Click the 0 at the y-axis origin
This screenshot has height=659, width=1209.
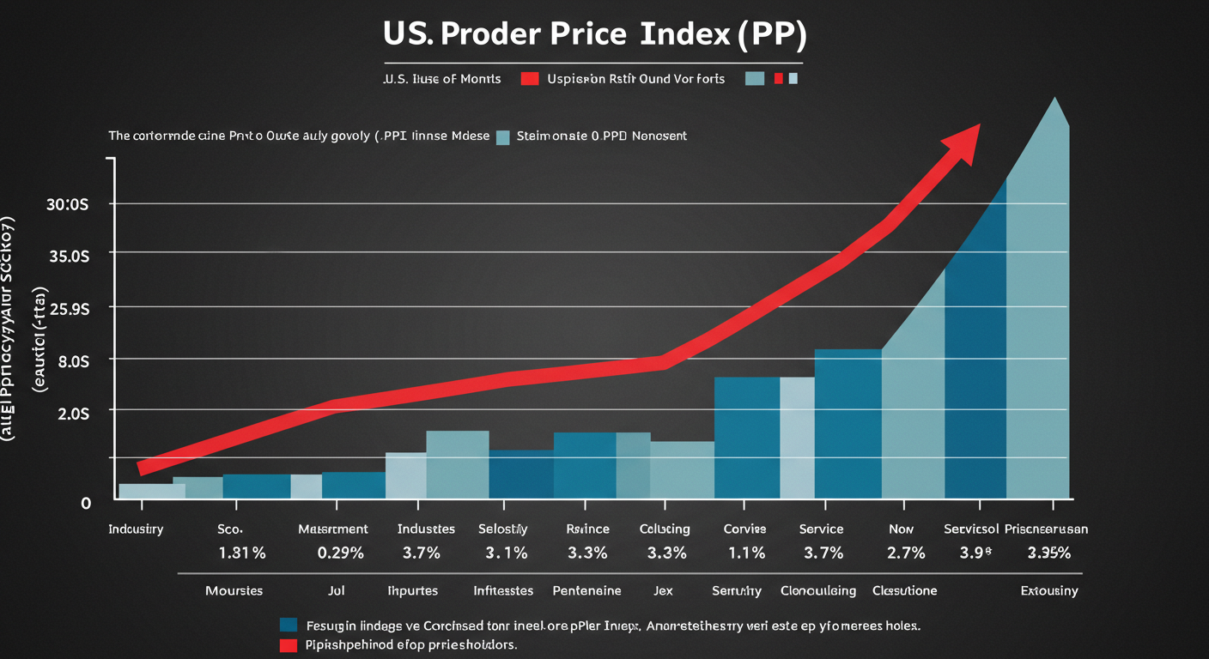click(x=85, y=503)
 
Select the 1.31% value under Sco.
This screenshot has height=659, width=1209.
click(x=242, y=553)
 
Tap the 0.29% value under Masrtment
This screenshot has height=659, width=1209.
click(x=341, y=553)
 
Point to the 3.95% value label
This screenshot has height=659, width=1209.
click(x=1049, y=553)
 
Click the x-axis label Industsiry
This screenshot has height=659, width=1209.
click(x=136, y=529)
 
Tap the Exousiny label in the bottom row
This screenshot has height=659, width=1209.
click(x=1048, y=591)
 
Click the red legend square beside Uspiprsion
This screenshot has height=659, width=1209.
click(x=530, y=79)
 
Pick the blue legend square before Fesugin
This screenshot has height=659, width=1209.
click(x=289, y=625)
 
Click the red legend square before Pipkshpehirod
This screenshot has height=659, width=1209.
click(x=289, y=644)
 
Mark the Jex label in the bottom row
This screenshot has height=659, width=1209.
click(x=663, y=591)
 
